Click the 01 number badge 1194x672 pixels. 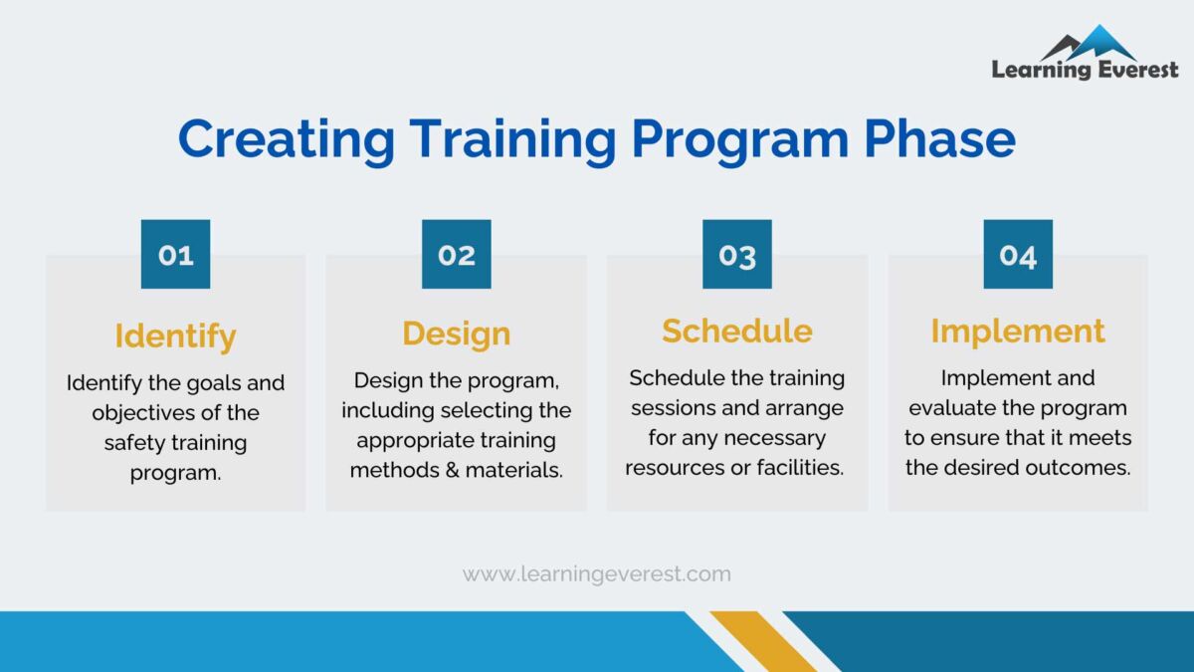pos(175,255)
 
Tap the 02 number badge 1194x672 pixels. pos(457,255)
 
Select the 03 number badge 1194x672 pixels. pos(737,255)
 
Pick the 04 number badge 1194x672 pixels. pos(1018,255)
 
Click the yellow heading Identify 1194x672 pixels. pos(175,336)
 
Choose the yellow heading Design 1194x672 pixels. pos(457,334)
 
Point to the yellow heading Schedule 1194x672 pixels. pos(737,331)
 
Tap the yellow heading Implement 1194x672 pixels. pos(1018,332)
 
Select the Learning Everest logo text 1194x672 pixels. pos(1085,70)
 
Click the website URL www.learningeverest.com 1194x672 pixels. pos(597,574)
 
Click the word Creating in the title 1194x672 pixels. pos(287,139)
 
